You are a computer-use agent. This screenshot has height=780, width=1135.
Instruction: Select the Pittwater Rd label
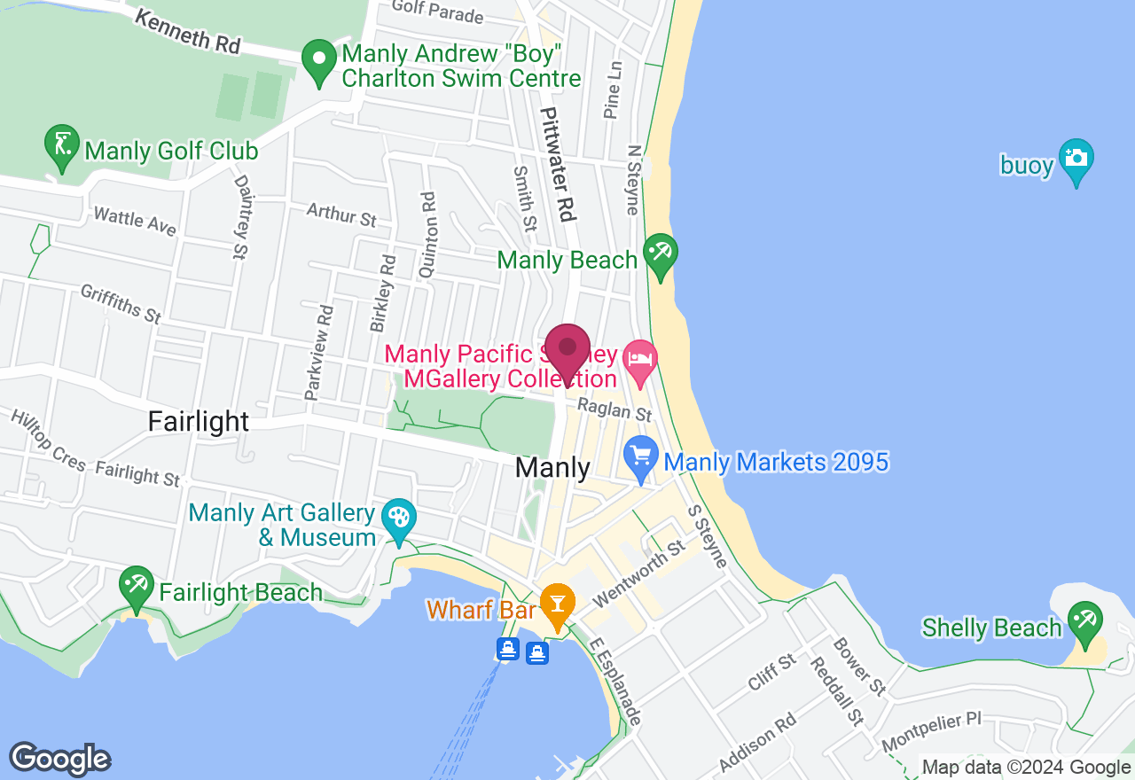559,165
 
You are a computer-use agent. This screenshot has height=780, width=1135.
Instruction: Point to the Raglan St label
614,409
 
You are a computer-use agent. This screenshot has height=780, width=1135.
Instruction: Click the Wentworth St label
638,574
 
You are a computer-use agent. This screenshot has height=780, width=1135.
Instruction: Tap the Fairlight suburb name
199,421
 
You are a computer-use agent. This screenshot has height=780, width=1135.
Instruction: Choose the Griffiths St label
121,303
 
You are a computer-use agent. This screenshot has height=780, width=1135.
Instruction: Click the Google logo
59,759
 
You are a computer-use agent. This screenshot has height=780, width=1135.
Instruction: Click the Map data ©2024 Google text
1026,768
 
